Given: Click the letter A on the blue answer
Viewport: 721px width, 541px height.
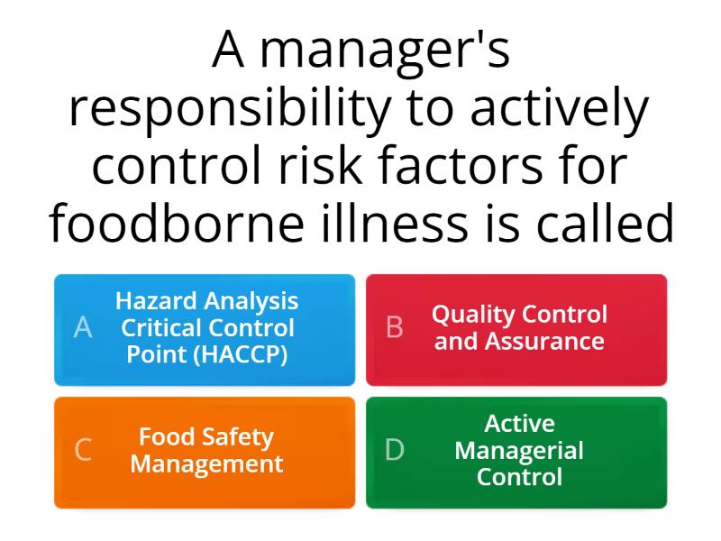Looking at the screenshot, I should (83, 328).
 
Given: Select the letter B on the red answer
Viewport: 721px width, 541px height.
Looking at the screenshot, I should (394, 328).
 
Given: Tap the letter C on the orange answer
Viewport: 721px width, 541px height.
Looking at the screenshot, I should (83, 450).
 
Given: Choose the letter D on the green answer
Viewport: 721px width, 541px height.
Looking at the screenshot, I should (395, 450).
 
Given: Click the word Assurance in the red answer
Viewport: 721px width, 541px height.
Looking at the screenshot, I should (544, 342).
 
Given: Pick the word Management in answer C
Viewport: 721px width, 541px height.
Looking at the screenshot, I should (206, 464).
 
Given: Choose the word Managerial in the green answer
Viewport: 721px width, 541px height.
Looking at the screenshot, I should (519, 450).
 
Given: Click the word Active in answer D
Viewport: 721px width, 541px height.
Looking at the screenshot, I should (519, 423).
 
